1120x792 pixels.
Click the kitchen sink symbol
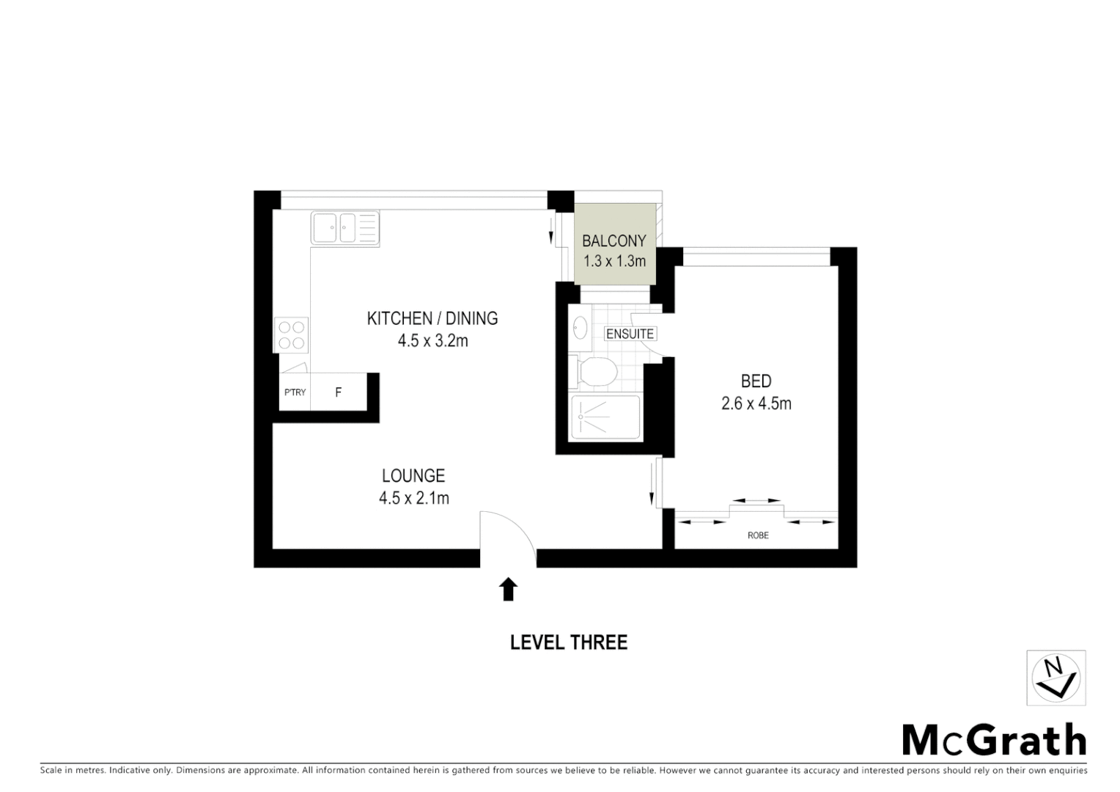345,227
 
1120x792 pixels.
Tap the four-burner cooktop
291,335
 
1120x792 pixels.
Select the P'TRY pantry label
295,393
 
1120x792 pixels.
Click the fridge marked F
338,393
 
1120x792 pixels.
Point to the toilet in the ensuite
596,372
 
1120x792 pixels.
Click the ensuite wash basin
580,327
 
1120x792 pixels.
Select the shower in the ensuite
605,418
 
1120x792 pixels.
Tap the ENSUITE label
630,334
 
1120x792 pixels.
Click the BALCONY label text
614,241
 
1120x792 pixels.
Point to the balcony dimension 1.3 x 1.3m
614,261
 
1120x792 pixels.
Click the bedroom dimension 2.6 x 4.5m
756,403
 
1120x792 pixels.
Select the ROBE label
758,535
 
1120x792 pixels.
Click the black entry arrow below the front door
508,589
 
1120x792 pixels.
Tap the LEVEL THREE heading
568,642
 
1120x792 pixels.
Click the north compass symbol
1055,678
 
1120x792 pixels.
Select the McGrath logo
993,740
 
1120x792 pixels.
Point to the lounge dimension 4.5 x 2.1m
413,499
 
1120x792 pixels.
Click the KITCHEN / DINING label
432,318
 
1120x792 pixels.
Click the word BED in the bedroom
756,381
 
